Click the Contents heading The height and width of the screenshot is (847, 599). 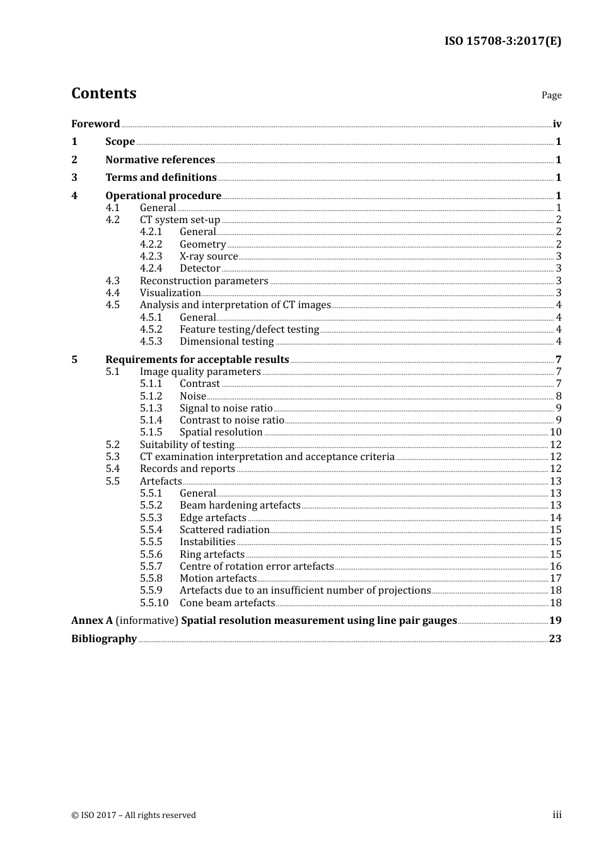pyautogui.click(x=103, y=93)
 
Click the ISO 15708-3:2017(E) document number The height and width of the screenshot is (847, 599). pyautogui.click(x=503, y=41)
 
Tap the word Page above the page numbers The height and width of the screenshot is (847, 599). pyautogui.click(x=551, y=95)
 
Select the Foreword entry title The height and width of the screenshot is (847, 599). pyautogui.click(x=95, y=124)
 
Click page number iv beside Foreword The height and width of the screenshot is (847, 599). pyautogui.click(x=557, y=124)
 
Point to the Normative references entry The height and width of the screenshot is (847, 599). pyautogui.click(x=160, y=159)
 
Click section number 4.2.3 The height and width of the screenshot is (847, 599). pyautogui.click(x=151, y=256)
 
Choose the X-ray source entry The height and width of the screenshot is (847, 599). pyautogui.click(x=209, y=256)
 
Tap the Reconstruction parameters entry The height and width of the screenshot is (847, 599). pyautogui.click(x=204, y=280)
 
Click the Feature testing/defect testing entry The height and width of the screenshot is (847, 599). pyautogui.click(x=249, y=329)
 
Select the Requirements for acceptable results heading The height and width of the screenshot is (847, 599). pyautogui.click(x=197, y=359)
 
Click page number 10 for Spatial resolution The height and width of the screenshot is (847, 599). pyautogui.click(x=555, y=432)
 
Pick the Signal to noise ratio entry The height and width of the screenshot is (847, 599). pyautogui.click(x=226, y=408)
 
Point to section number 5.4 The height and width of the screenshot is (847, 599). pyautogui.click(x=112, y=468)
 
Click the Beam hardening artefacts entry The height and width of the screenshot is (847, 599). pyautogui.click(x=240, y=505)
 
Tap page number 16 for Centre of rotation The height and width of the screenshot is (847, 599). pyautogui.click(x=555, y=566)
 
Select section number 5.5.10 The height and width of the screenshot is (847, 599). pyautogui.click(x=154, y=602)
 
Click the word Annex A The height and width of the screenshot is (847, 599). pyautogui.click(x=92, y=620)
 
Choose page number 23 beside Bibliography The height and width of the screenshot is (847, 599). pyautogui.click(x=555, y=638)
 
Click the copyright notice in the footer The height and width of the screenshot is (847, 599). pyautogui.click(x=134, y=815)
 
